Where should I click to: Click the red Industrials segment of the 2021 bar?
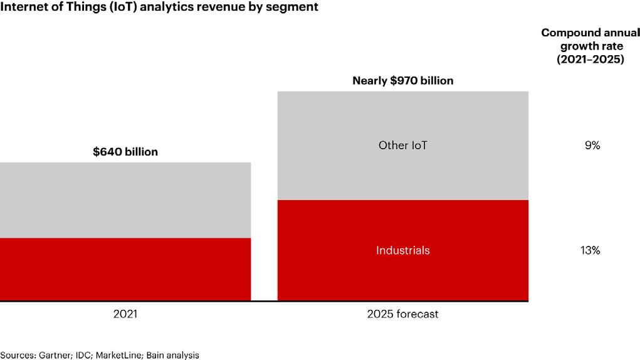coord(125,269)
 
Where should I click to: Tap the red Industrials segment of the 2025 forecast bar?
coord(402,276)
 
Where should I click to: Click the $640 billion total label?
coord(125,152)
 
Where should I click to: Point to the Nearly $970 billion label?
coord(402,80)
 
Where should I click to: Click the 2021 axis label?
coord(125,314)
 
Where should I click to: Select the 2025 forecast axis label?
coord(402,314)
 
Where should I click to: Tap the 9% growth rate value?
coord(592,146)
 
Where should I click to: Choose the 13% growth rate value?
coord(592,250)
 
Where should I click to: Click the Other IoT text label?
coord(402,146)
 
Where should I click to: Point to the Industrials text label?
coord(402,250)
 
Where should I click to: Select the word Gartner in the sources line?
coord(55,355)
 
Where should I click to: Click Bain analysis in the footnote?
coord(172,355)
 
